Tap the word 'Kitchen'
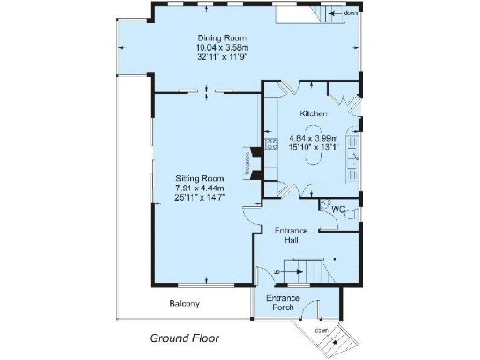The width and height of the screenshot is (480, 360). coord(313,113)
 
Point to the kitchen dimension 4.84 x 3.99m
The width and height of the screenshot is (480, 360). coord(313,138)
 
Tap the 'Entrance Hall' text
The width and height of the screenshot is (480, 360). coord(292,235)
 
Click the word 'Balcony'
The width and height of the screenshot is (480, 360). coord(184,304)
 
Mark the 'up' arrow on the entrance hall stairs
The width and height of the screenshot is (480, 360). coord(279,273)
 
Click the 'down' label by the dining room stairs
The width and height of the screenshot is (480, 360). coord(351,14)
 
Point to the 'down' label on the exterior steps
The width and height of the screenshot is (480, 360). coord(321,329)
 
